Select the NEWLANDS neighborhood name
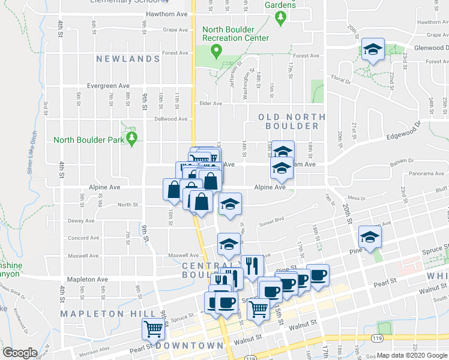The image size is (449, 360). click(x=128, y=59)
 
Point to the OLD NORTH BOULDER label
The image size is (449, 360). click(x=292, y=121)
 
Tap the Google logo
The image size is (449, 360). click(x=20, y=353)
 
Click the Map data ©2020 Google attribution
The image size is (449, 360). click(x=412, y=355)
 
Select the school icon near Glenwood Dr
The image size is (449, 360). click(x=373, y=50)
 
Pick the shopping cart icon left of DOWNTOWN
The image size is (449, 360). click(x=153, y=329)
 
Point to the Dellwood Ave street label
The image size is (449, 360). click(x=170, y=119)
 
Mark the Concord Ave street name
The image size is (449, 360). click(x=83, y=238)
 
